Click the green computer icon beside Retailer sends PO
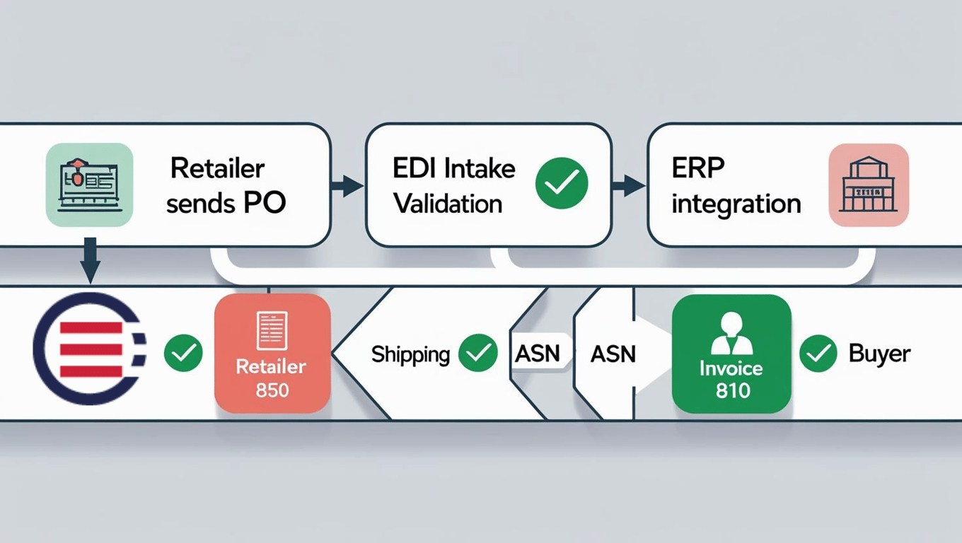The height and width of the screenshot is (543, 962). pos(89,185)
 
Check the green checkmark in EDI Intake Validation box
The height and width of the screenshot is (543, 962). pos(561,183)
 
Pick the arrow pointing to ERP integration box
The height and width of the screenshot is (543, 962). pos(629,187)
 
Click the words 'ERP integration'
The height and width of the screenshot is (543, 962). pos(736,186)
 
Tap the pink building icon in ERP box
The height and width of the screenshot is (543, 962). pos(868,185)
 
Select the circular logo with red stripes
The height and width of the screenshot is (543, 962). pos(89,349)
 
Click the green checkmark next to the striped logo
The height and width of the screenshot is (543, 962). pos(183,353)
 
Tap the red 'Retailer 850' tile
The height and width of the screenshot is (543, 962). pos(272,353)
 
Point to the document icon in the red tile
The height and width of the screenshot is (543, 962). pos(272,329)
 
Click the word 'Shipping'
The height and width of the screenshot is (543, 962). pos(410,354)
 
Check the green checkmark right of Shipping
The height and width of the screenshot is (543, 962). pos(477,353)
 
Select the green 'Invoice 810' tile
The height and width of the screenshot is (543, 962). pos(731,354)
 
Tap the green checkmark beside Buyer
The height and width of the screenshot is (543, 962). pos(818,353)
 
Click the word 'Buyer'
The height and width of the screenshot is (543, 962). pos(879,353)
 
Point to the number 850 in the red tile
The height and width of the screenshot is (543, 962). pos(272,390)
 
